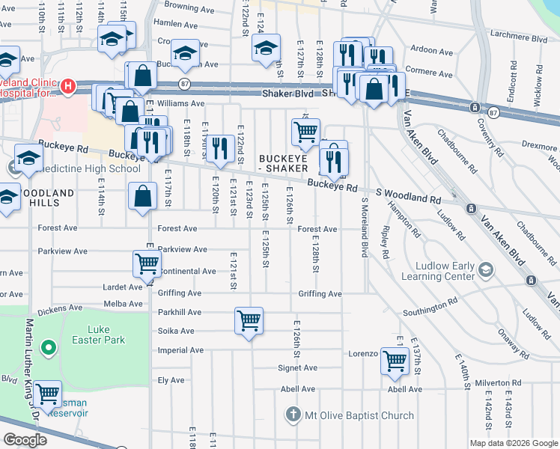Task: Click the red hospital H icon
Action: (68, 86)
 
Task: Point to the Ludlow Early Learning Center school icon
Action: (486, 269)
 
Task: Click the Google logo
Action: (25, 439)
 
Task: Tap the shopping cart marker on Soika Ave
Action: (249, 321)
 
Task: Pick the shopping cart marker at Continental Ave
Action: (147, 263)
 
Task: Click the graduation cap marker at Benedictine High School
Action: (28, 158)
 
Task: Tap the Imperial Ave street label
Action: (176, 349)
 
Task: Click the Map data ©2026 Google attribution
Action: (514, 442)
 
